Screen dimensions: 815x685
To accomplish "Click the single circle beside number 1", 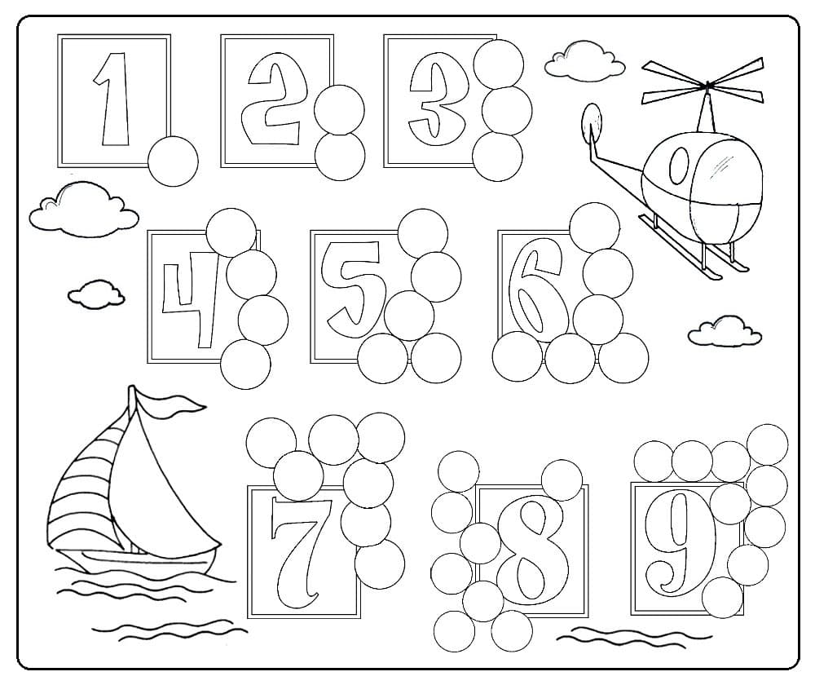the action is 173,161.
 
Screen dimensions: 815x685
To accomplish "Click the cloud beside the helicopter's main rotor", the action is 584,61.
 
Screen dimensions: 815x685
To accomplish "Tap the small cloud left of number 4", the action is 96,294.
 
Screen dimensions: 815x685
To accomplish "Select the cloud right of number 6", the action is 725,331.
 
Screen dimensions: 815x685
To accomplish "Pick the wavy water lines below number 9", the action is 634,636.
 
